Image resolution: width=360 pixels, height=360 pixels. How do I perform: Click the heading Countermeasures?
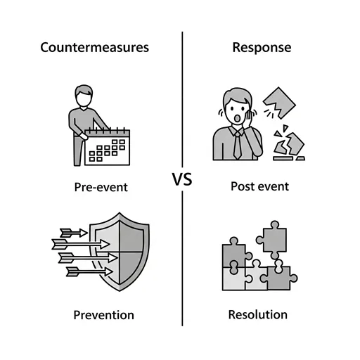tap(94, 47)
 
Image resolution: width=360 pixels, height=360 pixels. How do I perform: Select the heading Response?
tap(262, 48)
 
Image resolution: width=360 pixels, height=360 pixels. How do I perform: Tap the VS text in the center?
tap(182, 179)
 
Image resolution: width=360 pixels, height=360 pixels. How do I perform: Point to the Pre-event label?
tap(101, 187)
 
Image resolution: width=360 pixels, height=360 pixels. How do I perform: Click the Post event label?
tap(259, 186)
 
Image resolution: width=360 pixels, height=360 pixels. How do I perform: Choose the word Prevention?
tap(103, 315)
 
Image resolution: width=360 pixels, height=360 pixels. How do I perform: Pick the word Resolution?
tap(258, 314)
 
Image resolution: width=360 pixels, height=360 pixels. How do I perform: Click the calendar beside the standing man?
tap(107, 147)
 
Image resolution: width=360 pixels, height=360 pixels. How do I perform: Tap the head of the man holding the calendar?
tap(84, 96)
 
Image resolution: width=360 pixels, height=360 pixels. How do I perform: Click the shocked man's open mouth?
tap(238, 118)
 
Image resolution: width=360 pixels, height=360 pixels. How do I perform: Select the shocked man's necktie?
tap(238, 146)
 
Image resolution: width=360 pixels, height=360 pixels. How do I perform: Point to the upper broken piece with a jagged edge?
tap(279, 103)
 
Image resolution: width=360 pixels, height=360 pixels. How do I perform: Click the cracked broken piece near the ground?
tap(289, 143)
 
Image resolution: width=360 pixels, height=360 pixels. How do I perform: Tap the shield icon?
tap(120, 252)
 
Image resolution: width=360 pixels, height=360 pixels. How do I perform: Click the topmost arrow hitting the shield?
tap(74, 233)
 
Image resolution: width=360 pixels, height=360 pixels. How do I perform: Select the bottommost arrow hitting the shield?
tap(89, 272)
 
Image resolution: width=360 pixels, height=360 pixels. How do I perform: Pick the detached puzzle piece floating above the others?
tap(272, 240)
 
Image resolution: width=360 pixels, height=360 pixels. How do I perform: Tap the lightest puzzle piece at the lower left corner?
tap(234, 279)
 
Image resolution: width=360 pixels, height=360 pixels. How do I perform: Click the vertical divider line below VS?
tap(182, 259)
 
